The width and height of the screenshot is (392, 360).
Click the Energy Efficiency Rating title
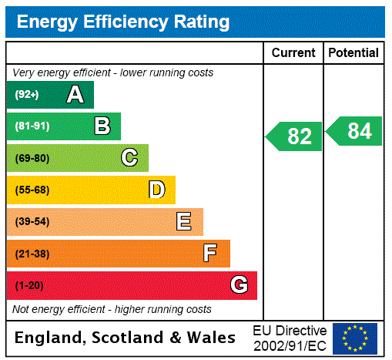pyautogui.click(x=123, y=22)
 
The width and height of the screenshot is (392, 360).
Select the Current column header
pyautogui.click(x=293, y=53)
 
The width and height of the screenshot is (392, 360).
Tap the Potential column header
pyautogui.click(x=353, y=53)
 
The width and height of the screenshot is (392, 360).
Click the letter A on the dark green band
pyautogui.click(x=75, y=95)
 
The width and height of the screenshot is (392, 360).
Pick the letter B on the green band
pyautogui.click(x=102, y=126)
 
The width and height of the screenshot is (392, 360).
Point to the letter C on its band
pyautogui.click(x=129, y=158)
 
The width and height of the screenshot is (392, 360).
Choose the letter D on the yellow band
pyautogui.click(x=157, y=190)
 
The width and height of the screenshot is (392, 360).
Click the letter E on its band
pyautogui.click(x=184, y=222)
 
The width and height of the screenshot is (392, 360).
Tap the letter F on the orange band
pyautogui.click(x=210, y=254)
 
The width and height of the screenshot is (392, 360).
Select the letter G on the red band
pyautogui.click(x=239, y=285)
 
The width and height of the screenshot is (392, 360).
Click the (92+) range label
pyautogui.click(x=27, y=95)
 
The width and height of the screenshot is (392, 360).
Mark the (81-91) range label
pyautogui.click(x=32, y=126)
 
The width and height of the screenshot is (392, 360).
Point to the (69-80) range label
pyautogui.click(x=32, y=159)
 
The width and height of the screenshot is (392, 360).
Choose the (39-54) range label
pyautogui.click(x=32, y=222)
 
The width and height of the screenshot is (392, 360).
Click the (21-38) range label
pyautogui.click(x=32, y=254)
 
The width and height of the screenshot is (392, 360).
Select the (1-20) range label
pyautogui.click(x=29, y=286)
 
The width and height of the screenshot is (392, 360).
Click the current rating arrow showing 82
pyautogui.click(x=295, y=136)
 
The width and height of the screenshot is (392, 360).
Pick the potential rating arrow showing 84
pyautogui.click(x=355, y=131)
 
